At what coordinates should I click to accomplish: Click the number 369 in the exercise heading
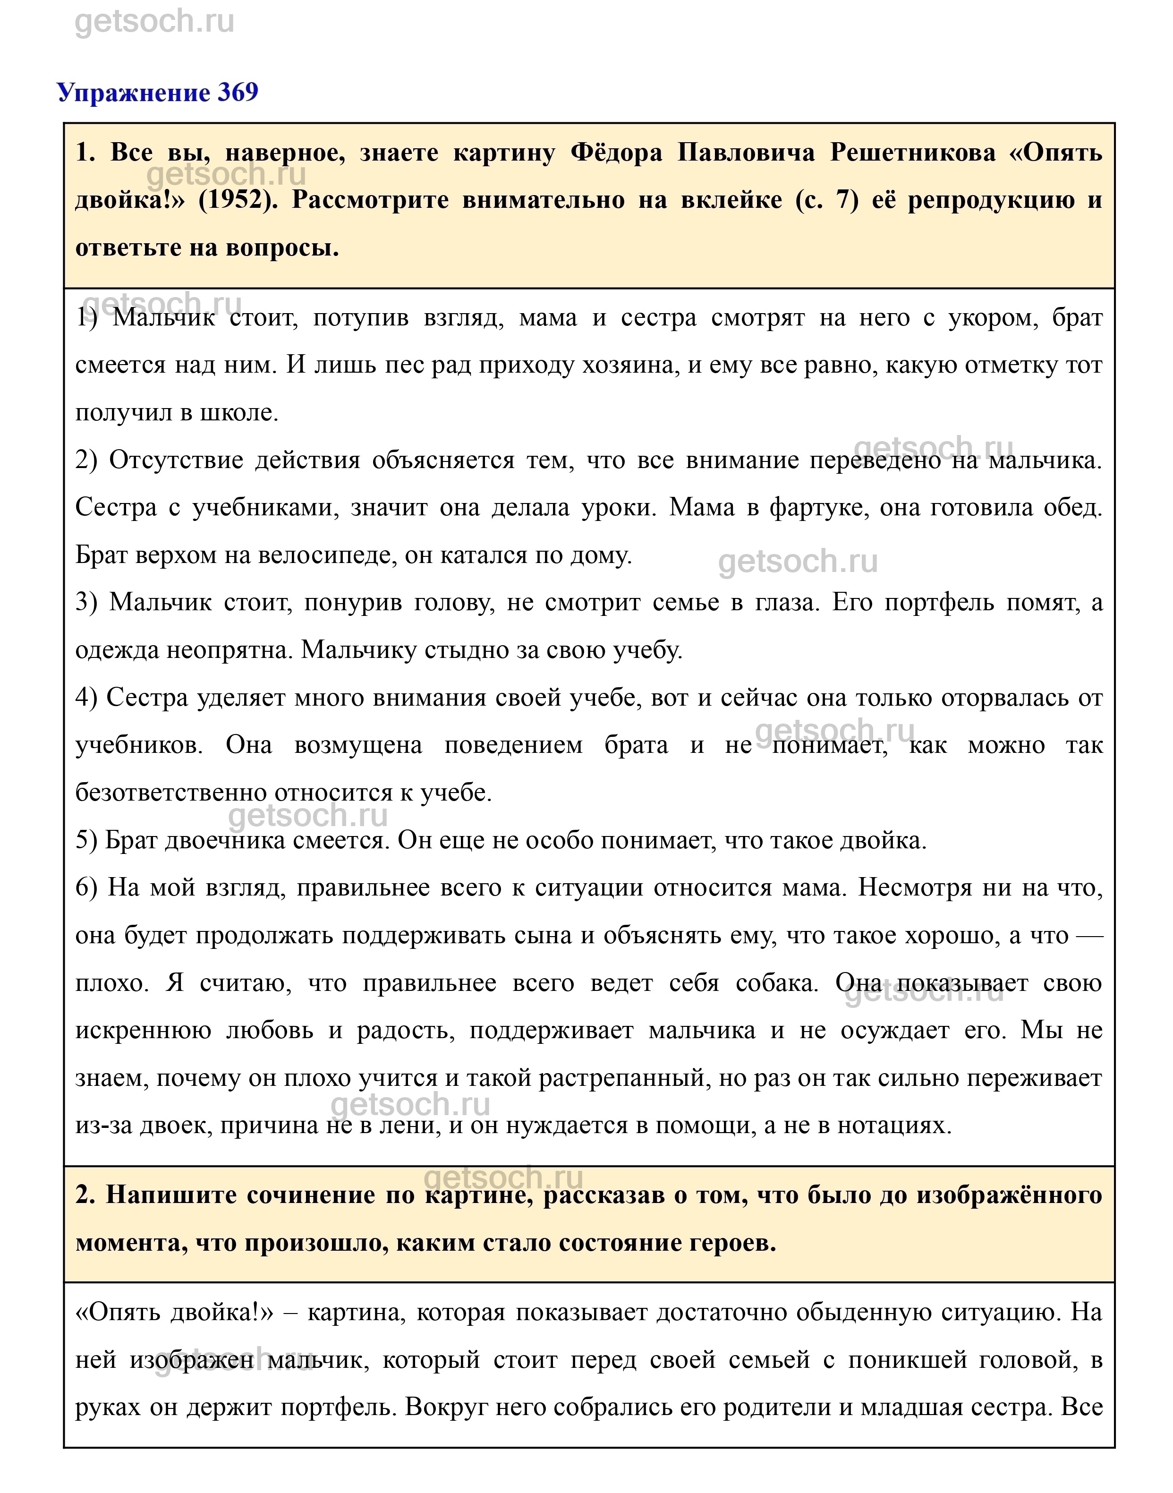pyautogui.click(x=238, y=92)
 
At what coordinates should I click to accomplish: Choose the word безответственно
pyautogui.click(x=172, y=793)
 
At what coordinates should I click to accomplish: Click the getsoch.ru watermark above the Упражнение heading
pyautogui.click(x=154, y=22)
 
